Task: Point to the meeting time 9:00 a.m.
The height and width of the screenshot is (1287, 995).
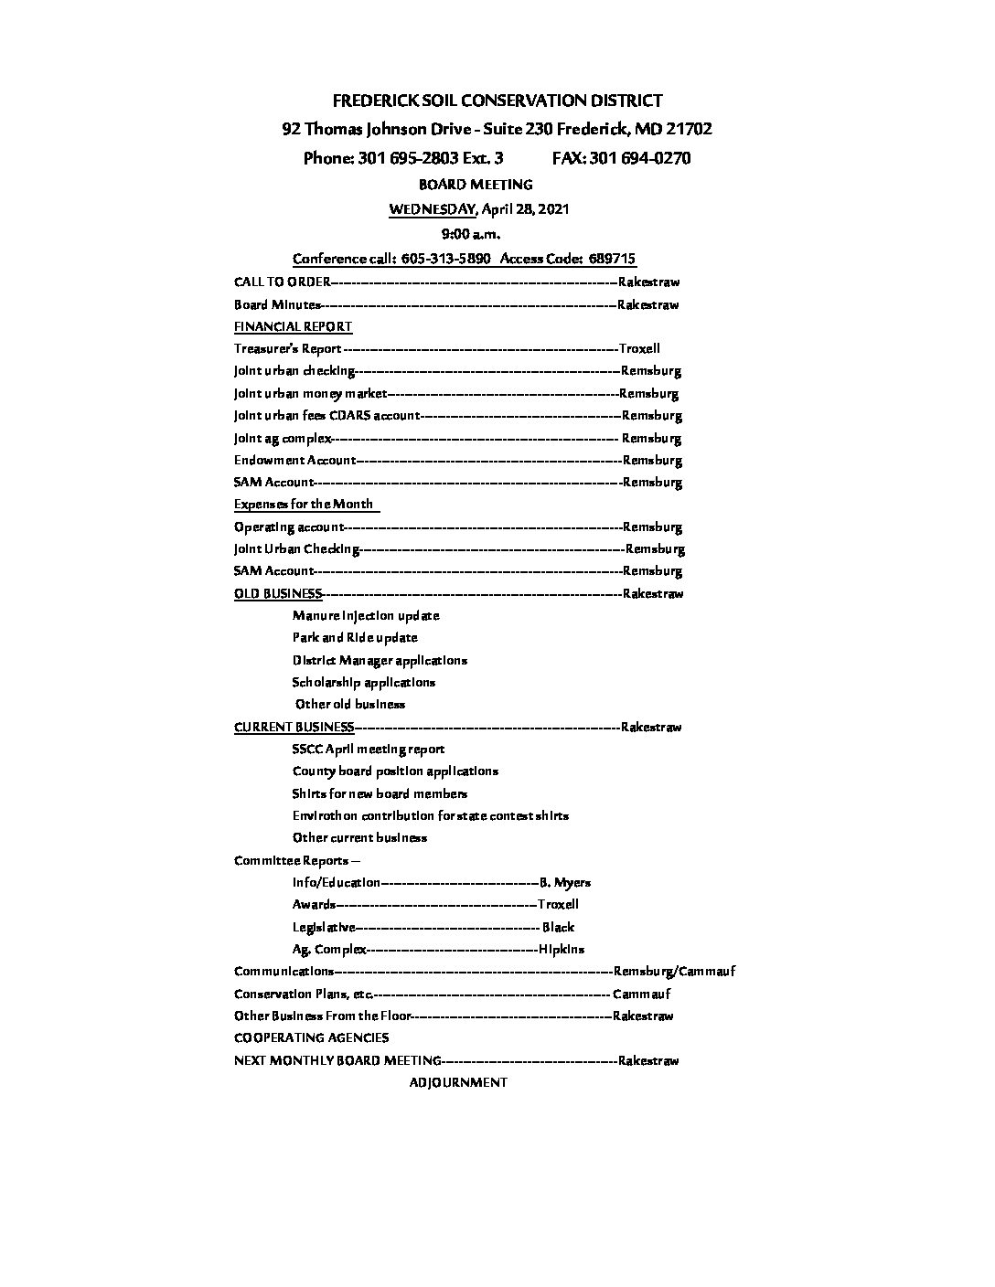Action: tap(470, 234)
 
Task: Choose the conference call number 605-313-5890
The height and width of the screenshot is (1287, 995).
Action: tap(445, 259)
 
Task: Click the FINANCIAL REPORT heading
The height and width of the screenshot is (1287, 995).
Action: tap(293, 326)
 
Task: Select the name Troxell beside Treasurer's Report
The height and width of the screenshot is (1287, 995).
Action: tap(639, 348)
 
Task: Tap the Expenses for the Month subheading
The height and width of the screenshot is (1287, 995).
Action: tap(304, 504)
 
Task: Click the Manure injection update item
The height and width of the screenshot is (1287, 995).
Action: tap(366, 616)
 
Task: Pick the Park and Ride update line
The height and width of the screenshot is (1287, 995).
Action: tap(355, 638)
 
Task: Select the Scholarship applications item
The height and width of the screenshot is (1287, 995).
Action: tap(364, 682)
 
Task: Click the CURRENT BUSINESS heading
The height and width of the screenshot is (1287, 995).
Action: tap(294, 727)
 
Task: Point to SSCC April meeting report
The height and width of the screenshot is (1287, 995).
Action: tap(369, 749)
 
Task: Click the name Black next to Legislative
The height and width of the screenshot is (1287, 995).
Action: tap(558, 927)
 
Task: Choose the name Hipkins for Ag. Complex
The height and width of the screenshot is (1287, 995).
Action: tap(562, 949)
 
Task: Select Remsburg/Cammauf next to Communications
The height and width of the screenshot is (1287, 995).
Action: tap(675, 972)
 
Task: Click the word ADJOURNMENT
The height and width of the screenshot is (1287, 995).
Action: tap(458, 1082)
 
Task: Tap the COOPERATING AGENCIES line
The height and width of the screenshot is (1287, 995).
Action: tap(311, 1037)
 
